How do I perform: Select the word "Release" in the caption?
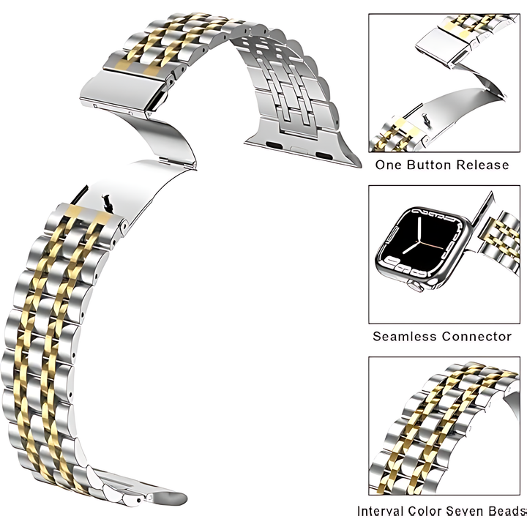coord(482,165)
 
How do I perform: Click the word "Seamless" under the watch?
coord(404,336)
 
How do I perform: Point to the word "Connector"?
coord(476,336)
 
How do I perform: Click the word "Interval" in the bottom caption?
coord(380,511)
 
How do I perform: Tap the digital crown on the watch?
coord(416,286)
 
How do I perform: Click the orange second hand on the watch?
coord(431,244)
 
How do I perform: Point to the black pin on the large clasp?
coord(107,203)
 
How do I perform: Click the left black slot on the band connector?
coord(274,146)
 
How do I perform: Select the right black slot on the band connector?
coord(324,156)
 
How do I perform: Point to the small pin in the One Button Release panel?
coord(425,119)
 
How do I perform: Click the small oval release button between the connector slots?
coord(299,149)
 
